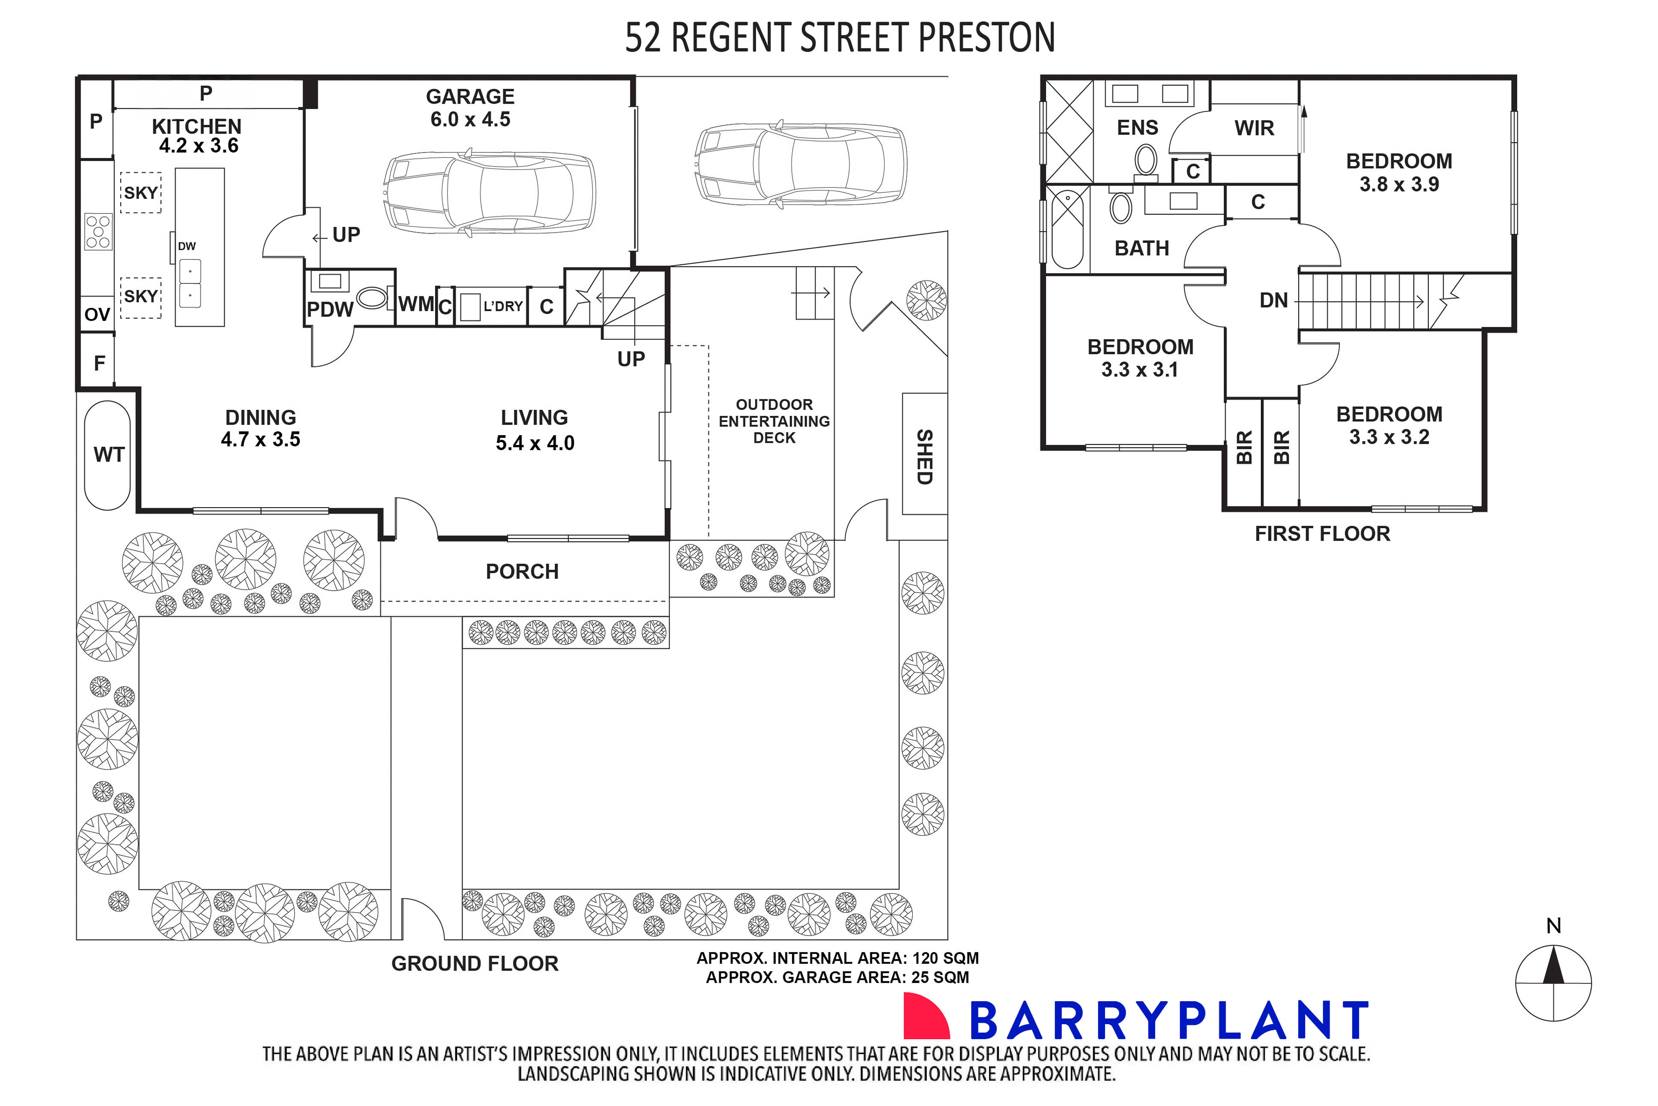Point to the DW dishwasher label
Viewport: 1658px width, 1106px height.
point(187,247)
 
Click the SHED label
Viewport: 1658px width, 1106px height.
point(925,457)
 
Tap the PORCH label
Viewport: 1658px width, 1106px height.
point(522,572)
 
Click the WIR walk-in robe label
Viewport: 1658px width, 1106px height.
point(1254,129)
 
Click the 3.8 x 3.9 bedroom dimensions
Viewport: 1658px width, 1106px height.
point(1399,185)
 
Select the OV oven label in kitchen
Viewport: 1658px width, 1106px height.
point(97,314)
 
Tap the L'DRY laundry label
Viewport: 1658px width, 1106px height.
point(503,307)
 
